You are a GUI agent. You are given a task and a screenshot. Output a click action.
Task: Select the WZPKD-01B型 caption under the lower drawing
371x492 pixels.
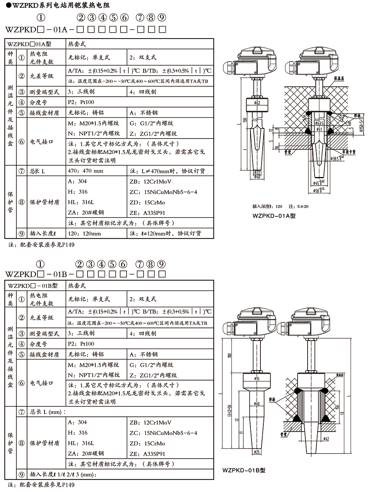pos(244,470)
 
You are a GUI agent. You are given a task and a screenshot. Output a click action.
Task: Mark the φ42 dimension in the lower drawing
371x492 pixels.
pos(325,439)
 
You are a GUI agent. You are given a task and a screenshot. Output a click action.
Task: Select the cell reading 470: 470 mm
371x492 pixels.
pos(86,171)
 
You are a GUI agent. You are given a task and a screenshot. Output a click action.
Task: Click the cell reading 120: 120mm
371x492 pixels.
pos(85,233)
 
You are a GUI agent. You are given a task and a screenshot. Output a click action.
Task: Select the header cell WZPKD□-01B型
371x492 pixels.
pos(33,286)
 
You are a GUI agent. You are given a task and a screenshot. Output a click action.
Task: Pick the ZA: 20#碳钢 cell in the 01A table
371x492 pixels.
pos(86,213)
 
